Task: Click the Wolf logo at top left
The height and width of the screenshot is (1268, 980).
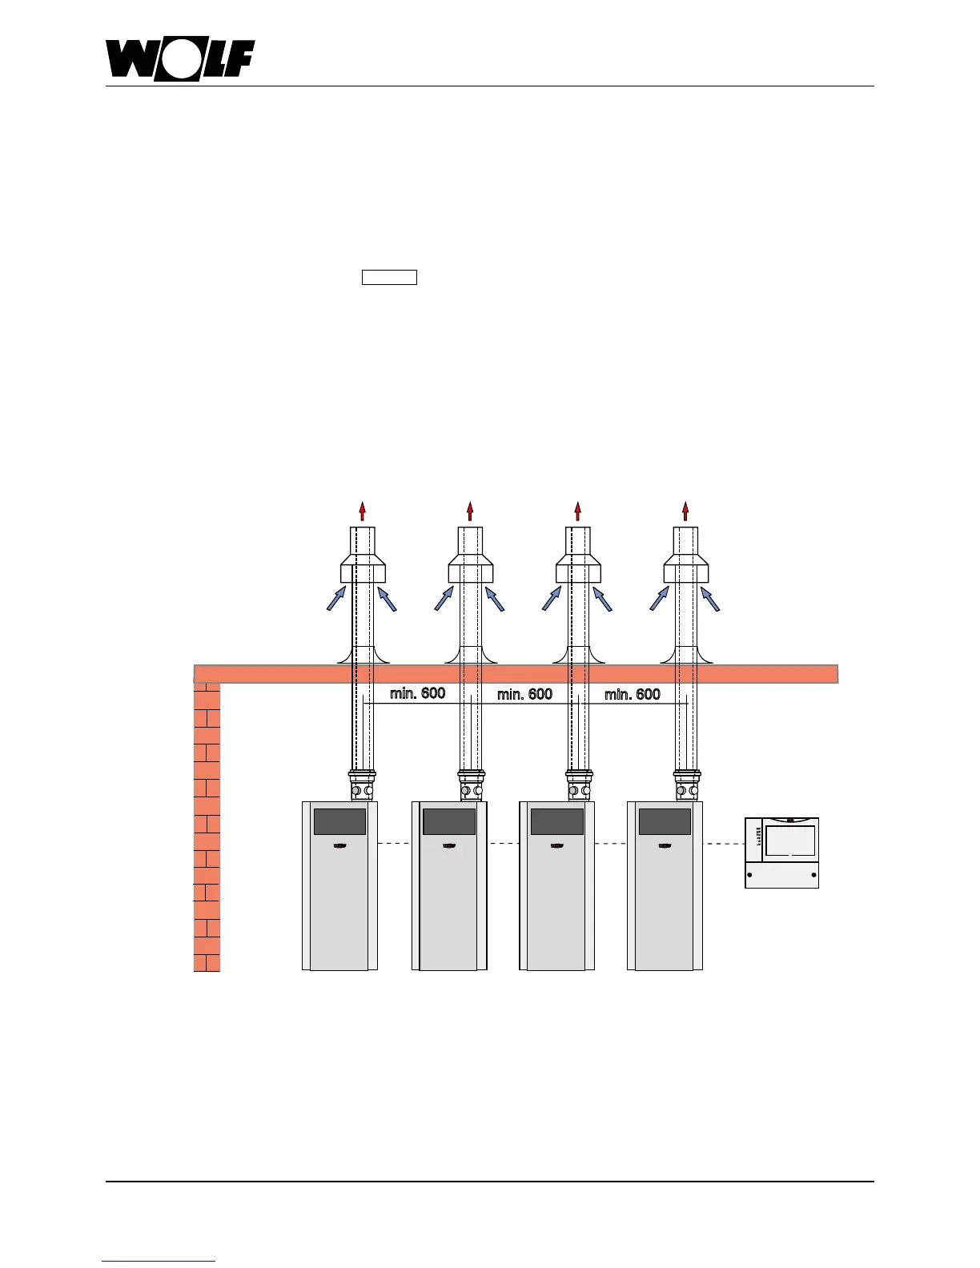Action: [180, 60]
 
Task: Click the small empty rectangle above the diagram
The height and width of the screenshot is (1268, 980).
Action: [389, 278]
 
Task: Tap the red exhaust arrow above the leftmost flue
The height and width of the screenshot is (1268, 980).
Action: [363, 511]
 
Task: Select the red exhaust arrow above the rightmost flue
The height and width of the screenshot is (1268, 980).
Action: [685, 511]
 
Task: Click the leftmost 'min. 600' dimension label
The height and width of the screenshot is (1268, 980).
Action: [417, 693]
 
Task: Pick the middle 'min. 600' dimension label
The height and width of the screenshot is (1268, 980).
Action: [524, 693]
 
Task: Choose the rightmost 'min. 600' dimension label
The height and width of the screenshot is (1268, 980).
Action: [632, 693]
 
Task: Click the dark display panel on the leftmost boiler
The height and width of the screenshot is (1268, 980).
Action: [339, 821]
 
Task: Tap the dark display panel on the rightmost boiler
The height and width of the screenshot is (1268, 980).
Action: [664, 821]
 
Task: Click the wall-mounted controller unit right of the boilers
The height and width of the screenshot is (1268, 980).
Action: [781, 853]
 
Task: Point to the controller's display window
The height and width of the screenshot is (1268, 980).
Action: [790, 841]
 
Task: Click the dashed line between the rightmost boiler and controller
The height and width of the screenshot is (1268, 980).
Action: [724, 843]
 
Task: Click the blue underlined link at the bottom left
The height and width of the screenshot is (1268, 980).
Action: [159, 1262]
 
